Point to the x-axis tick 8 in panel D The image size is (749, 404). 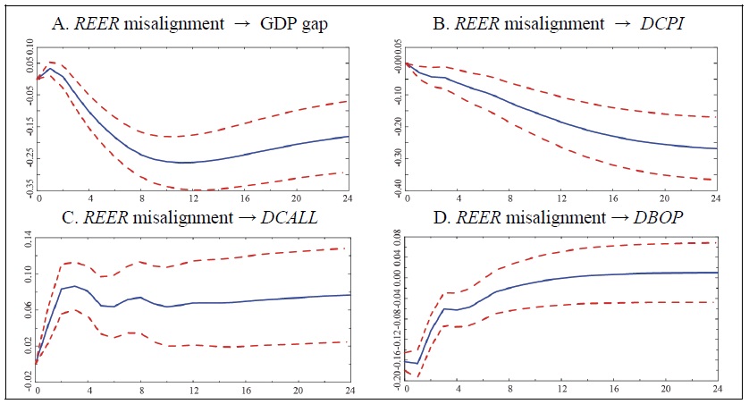[x=509, y=390]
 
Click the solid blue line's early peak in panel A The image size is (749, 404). [x=49, y=68]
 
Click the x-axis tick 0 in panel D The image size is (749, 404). [x=406, y=390]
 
